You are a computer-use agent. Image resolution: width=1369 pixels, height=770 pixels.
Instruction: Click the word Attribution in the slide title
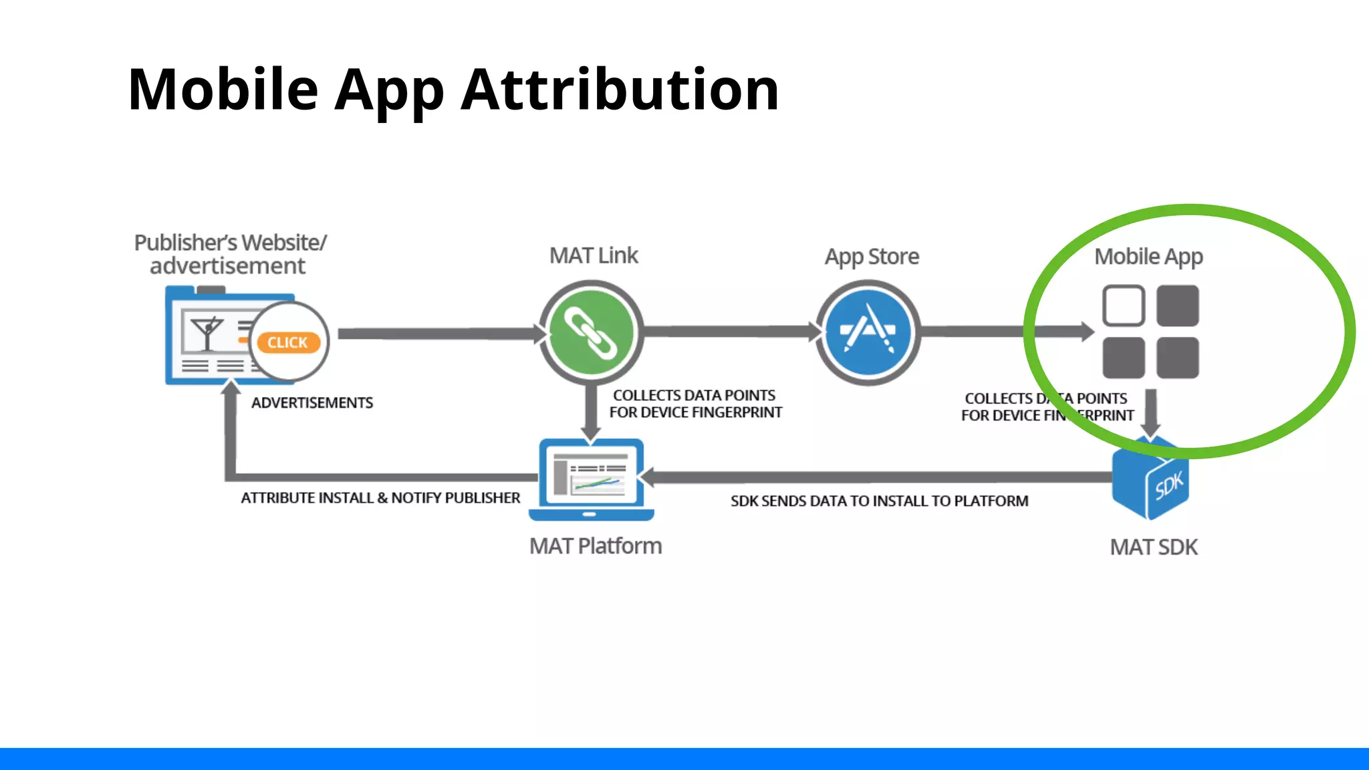(620, 90)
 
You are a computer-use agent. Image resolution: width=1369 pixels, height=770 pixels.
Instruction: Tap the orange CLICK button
(288, 342)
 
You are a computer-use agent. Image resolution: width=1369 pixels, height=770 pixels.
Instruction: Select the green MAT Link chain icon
(591, 332)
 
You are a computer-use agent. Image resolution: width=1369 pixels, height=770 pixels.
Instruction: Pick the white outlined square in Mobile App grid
(1123, 305)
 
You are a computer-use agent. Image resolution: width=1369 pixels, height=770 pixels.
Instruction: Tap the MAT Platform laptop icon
(591, 479)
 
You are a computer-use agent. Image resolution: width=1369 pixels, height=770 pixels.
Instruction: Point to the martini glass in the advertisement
(206, 333)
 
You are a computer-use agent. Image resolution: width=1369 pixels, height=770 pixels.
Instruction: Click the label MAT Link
(594, 255)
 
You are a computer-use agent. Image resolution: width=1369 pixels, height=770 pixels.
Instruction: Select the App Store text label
(872, 257)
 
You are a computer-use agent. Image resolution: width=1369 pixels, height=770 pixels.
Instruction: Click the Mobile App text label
(1148, 257)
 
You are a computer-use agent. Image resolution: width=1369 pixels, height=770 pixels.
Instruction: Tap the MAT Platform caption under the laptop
(595, 546)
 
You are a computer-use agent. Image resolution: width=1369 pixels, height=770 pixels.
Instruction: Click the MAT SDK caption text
(1154, 547)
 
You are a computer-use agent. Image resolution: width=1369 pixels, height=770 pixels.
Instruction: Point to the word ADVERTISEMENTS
(312, 403)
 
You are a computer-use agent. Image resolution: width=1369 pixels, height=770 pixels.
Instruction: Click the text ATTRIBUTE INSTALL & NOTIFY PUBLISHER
(380, 498)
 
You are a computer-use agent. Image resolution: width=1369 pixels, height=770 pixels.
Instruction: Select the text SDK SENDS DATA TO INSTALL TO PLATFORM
(879, 501)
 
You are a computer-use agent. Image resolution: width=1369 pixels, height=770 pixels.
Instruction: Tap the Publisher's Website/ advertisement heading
(229, 254)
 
